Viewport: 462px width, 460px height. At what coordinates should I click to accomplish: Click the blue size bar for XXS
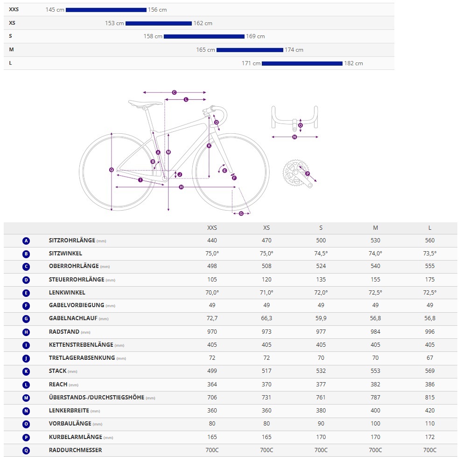(x=106, y=10)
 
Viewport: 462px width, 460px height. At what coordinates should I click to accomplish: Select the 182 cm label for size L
(x=353, y=63)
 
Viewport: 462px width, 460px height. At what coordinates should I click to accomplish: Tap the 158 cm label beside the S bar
(x=153, y=36)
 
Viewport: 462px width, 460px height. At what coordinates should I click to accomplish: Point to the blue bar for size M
(x=250, y=50)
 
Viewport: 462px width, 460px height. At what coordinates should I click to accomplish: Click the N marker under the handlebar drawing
(x=294, y=137)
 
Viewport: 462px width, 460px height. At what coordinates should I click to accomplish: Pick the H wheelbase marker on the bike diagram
(x=181, y=187)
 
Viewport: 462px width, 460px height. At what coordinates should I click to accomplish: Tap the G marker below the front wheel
(x=241, y=213)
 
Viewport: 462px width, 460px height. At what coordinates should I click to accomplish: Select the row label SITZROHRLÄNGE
(x=72, y=240)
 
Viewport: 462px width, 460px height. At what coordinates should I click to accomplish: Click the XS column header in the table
(x=266, y=228)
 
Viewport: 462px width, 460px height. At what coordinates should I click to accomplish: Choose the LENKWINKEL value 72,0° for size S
(x=321, y=293)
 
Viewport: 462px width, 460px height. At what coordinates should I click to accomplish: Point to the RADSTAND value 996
(x=430, y=332)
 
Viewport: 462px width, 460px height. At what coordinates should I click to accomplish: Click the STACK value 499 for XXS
(x=212, y=371)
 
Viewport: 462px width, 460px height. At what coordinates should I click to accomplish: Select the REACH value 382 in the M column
(x=375, y=384)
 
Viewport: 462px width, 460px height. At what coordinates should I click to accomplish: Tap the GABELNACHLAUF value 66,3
(x=266, y=319)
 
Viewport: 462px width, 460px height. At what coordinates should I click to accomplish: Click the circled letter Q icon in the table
(x=26, y=451)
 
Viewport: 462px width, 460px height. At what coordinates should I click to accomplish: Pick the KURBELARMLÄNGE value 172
(x=430, y=437)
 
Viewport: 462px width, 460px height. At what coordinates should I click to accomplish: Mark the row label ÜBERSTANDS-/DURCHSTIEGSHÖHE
(x=96, y=398)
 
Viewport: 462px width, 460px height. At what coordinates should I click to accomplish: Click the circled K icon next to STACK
(x=26, y=371)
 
